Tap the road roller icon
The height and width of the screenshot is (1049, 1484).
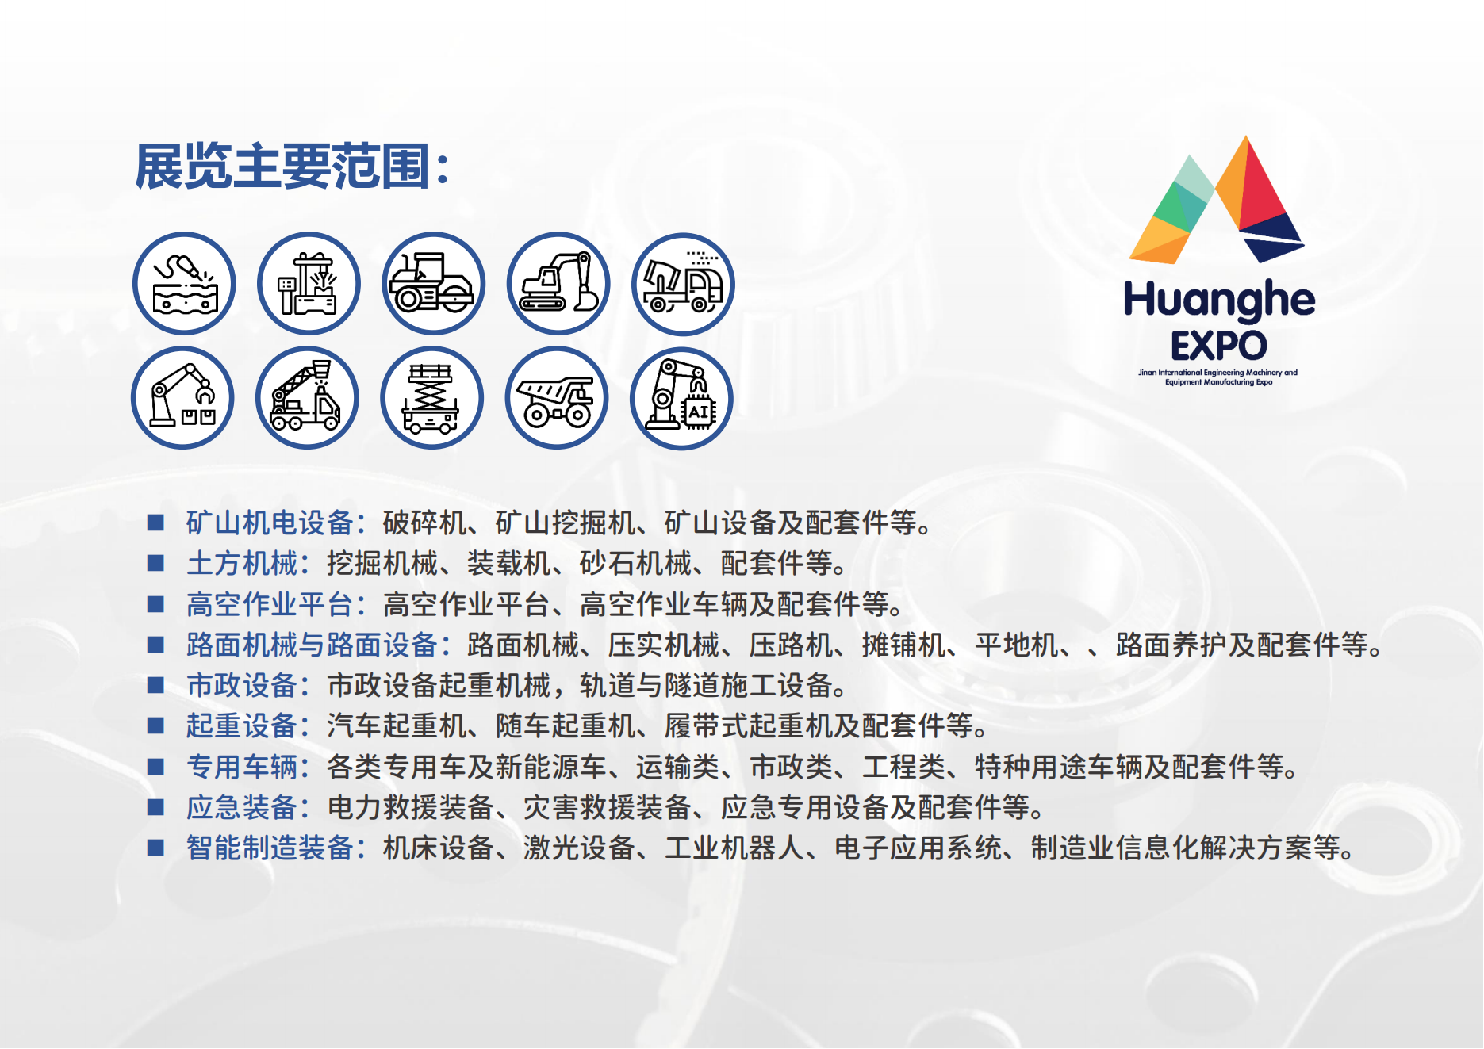[x=433, y=283]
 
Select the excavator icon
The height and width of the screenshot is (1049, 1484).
[x=558, y=283]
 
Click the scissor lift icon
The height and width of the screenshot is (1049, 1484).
[x=432, y=398]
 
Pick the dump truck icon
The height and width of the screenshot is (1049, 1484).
[x=557, y=398]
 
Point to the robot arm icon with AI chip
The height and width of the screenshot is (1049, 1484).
[x=681, y=398]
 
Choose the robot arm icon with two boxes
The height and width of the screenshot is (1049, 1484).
[x=182, y=398]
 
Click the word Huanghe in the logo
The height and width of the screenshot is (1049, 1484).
[x=1219, y=300]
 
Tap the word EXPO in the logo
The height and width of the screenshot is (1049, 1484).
[x=1219, y=346]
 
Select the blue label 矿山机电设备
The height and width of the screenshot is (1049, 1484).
[x=270, y=523]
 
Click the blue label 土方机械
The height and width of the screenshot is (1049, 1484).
[x=242, y=564]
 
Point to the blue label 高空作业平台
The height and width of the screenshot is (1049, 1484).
[x=270, y=605]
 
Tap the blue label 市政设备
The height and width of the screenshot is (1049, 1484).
[x=242, y=686]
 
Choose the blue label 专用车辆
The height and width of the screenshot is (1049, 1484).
[x=242, y=768]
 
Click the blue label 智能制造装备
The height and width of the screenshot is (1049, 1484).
[x=270, y=848]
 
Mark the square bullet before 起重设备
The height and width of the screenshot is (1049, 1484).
[x=155, y=725]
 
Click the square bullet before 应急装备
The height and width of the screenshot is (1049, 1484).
[x=155, y=807]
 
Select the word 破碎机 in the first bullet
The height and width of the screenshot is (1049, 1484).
[x=424, y=523]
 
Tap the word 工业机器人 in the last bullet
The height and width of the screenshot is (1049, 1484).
[x=734, y=848]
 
